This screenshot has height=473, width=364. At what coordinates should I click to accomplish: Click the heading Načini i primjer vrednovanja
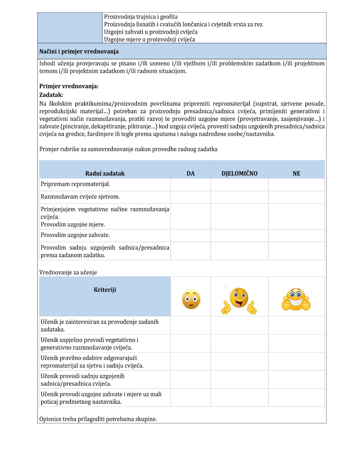coord(79,52)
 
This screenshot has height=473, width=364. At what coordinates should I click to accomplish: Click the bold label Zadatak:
coord(51,95)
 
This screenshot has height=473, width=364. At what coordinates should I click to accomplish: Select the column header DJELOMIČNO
coord(239,173)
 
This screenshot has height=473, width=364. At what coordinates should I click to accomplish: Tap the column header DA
coord(190,173)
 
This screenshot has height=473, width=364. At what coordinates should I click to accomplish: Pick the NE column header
coord(296,173)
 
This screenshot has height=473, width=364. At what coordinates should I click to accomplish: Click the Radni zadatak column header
coord(105,173)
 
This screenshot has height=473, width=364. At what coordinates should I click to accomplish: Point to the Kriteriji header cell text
coord(105,290)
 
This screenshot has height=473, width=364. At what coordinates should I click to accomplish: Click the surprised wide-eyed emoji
coord(191,299)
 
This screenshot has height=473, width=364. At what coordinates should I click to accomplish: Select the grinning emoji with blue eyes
coord(296,300)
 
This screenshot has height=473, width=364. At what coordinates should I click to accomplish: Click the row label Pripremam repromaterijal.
coord(75,184)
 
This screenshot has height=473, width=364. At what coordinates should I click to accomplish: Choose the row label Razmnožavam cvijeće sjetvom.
coord(80,197)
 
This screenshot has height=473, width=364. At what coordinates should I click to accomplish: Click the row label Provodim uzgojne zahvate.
coord(75,235)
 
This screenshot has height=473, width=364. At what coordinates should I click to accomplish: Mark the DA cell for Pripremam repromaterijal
coord(190,185)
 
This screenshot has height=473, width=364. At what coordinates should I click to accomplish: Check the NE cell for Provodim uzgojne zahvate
coord(296,235)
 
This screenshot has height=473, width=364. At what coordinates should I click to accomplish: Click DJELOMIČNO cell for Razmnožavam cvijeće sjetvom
coord(239,197)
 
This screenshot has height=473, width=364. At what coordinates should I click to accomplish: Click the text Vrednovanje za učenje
coord(68,272)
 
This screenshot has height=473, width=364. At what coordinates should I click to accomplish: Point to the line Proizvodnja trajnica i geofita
coord(141,17)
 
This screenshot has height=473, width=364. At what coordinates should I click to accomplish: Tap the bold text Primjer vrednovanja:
coord(69,86)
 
